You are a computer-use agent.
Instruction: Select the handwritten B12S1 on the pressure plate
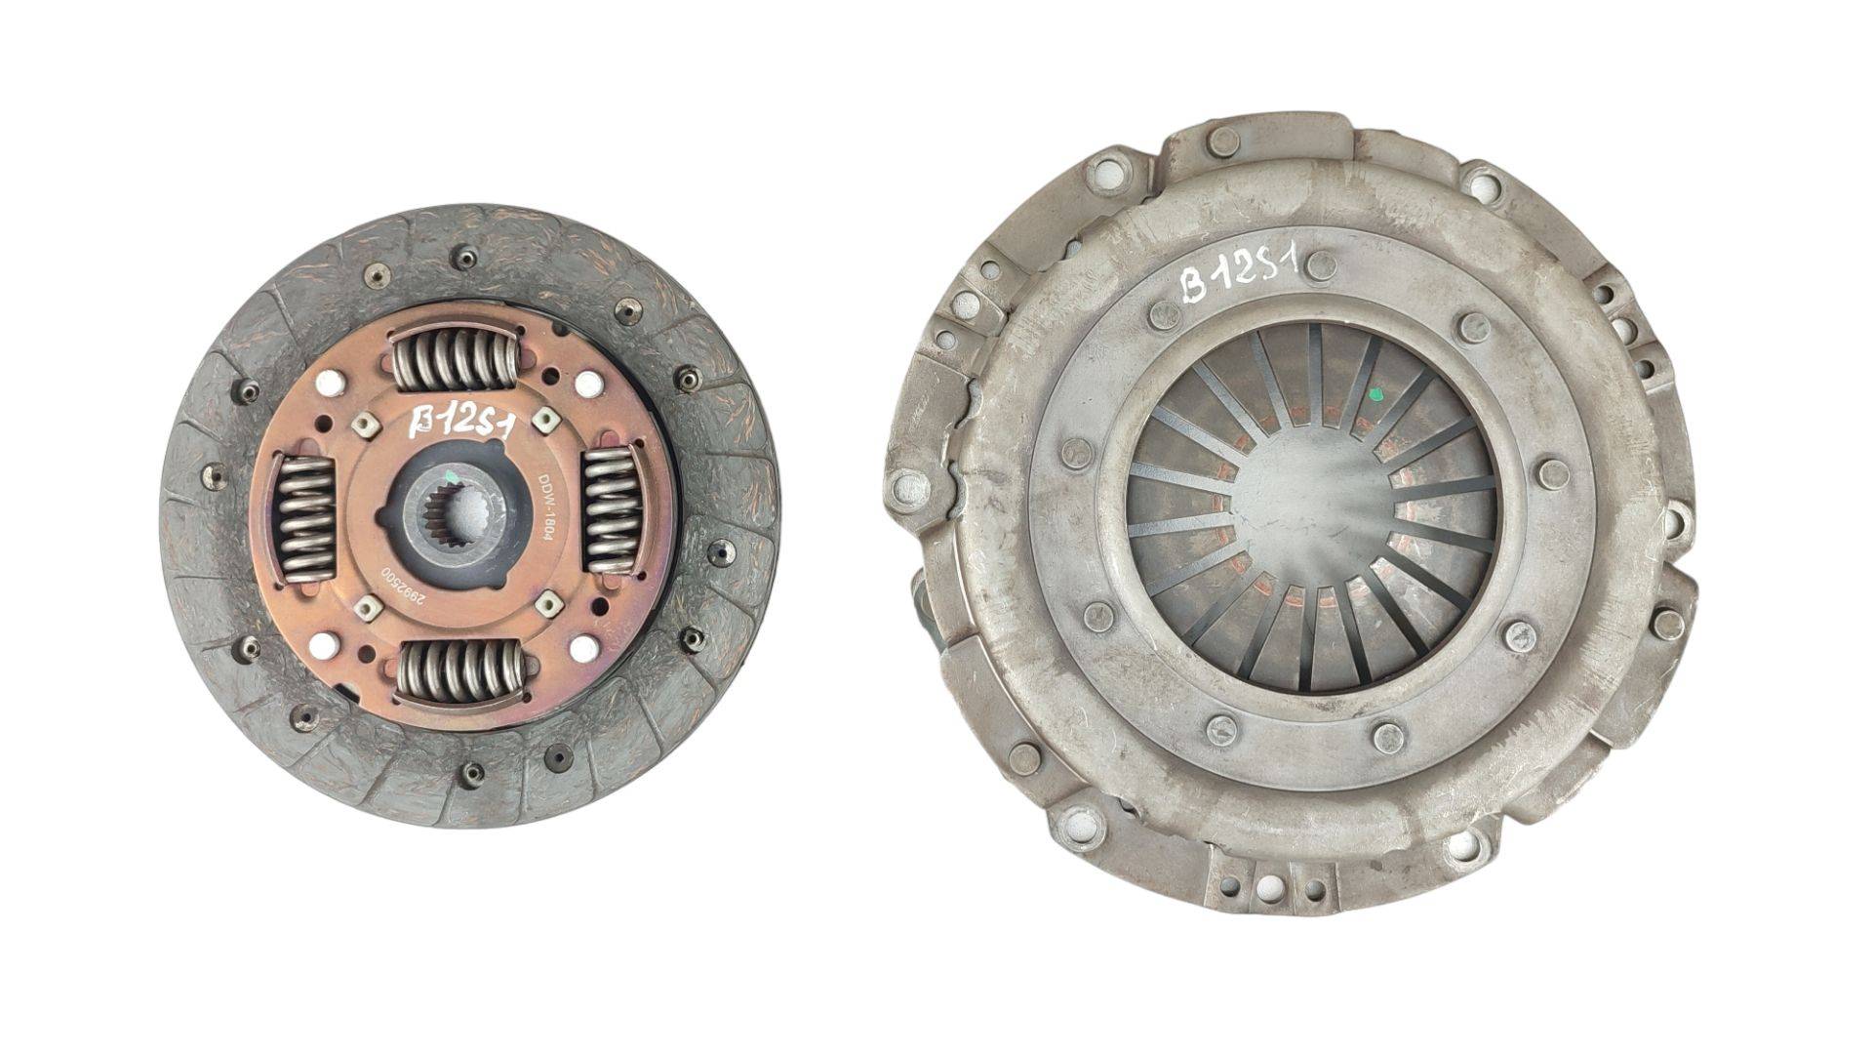(1238, 269)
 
